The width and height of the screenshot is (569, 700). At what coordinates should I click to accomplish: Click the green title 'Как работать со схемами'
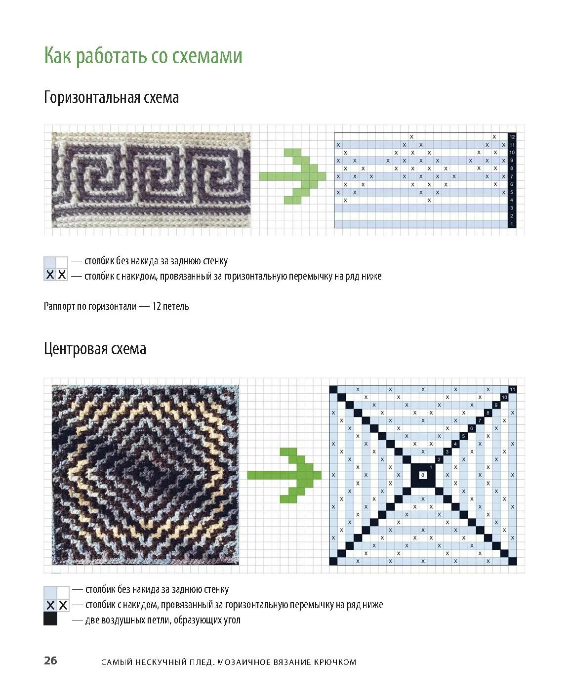pos(143,56)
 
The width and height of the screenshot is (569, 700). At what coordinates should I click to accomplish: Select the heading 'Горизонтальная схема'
pos(111,98)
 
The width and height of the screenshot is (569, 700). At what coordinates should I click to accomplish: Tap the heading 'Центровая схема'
pos(95,349)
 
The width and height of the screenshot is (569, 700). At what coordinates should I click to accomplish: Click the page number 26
pos(50,660)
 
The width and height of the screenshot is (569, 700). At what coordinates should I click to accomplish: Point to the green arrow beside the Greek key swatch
pos(292,176)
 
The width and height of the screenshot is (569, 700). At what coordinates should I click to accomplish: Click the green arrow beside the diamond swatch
pos(284,475)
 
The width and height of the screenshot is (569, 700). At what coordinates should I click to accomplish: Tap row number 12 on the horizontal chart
pos(512,137)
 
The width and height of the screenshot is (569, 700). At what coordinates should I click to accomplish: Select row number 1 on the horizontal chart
pos(512,224)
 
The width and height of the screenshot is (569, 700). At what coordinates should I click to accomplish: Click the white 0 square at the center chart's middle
pos(423,475)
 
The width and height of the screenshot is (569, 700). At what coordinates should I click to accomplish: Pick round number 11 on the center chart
pos(513,389)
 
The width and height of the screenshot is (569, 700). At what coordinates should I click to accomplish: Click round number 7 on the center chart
pos(480,421)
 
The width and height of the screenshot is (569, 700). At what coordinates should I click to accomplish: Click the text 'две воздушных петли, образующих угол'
pos(163,620)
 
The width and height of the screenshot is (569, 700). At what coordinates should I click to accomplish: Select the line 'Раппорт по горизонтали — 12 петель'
pos(117,306)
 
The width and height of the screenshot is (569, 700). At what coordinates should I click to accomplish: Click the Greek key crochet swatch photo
pos(151,180)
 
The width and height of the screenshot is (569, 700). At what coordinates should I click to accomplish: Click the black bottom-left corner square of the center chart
pos(333,561)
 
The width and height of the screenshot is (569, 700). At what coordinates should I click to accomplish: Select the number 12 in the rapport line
pos(157,306)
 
